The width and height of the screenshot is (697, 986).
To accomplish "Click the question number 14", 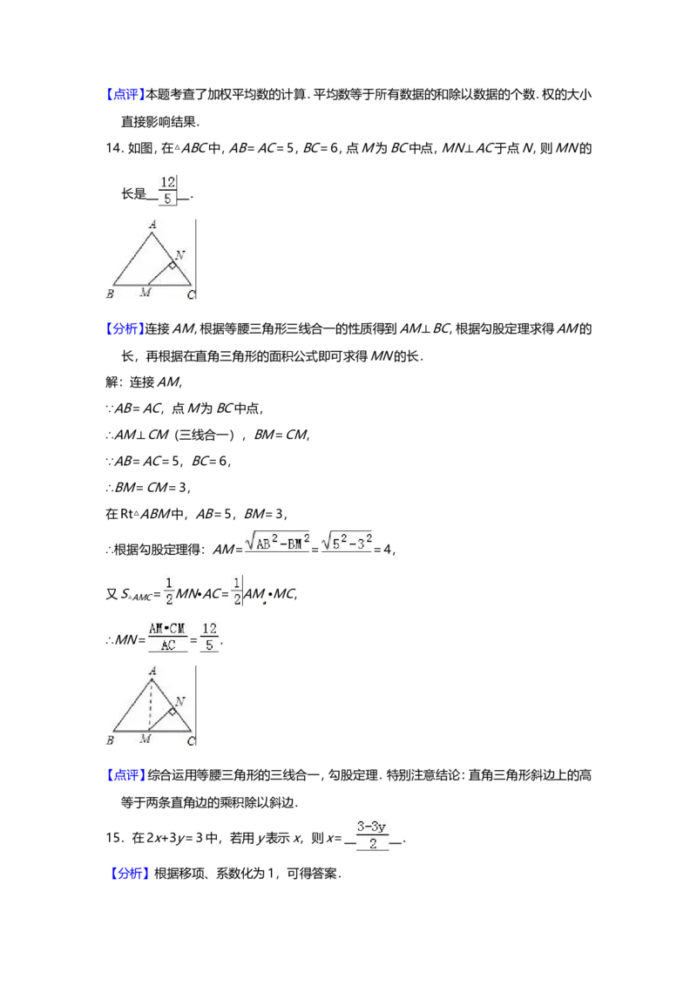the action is point(113,149).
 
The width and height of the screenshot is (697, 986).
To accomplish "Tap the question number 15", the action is point(114,838).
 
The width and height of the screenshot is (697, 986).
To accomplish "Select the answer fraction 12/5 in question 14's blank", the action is point(167,191).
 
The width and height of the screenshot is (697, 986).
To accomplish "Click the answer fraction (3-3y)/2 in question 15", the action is point(372,835).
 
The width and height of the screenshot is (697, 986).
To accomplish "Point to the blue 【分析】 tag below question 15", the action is point(130,874).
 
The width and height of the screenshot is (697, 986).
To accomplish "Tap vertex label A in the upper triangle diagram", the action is point(152,225).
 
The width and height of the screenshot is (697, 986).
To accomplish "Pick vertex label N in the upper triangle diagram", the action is point(179,254).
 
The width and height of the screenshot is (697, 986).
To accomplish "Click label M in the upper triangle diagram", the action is point(145,293).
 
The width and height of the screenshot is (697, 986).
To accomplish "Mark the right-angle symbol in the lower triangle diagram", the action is point(172,712).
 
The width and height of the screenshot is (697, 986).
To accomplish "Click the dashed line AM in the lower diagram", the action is point(151,705).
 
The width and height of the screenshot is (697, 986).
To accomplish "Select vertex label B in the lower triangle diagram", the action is point(110,740).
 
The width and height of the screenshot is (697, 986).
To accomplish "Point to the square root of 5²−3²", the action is point(347,541).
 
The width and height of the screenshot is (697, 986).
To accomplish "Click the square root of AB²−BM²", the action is point(277,541).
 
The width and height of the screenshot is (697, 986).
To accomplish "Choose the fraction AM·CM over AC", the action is point(167,637).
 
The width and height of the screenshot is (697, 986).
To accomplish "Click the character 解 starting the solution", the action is point(112,382).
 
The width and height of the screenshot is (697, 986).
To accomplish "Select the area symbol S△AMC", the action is point(137,594).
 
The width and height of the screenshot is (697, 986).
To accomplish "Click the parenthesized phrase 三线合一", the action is point(205,435).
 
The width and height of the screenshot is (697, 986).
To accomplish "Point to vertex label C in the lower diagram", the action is point(191,741).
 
